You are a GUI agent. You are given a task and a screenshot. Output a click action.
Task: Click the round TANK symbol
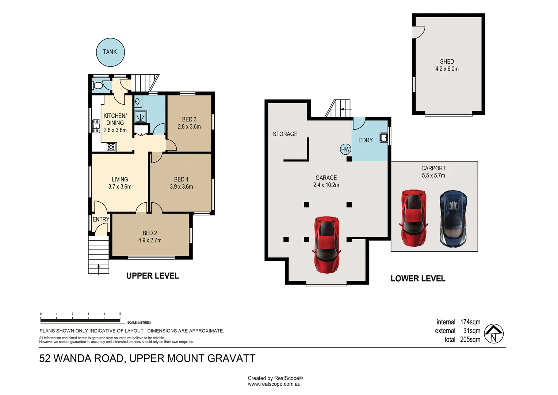pos(110,52)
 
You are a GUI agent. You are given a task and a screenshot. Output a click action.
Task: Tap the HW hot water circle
pos(345,150)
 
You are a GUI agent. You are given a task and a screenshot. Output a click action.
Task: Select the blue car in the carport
pos(453,219)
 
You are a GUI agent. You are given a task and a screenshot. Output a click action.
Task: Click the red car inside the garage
pos(326,245)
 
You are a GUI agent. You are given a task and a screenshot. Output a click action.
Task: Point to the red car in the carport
pos(413,218)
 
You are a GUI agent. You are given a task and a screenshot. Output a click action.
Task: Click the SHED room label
pos(447,61)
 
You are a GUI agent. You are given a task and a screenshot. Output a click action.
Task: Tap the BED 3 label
pos(189,119)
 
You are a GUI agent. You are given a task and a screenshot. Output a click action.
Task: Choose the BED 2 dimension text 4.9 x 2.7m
pos(150,240)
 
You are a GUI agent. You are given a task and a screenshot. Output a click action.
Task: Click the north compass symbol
pos(493,334)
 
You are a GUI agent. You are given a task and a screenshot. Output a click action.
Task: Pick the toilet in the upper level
pos(98,86)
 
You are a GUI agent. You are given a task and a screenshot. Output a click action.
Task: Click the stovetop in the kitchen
pos(111,147)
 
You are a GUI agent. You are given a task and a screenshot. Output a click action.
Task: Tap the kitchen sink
pos(96,126)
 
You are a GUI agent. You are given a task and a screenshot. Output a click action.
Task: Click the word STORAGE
pos(285,134)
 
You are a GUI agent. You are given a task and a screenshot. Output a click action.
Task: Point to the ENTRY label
pos(101,219)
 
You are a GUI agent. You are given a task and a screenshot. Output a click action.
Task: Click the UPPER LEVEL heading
pos(152,276)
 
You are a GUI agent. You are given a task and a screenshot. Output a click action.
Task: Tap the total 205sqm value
pos(470,339)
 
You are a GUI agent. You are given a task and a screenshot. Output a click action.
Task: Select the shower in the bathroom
pos(141,117)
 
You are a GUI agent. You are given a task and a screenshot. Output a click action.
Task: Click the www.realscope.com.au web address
pos(274,384)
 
